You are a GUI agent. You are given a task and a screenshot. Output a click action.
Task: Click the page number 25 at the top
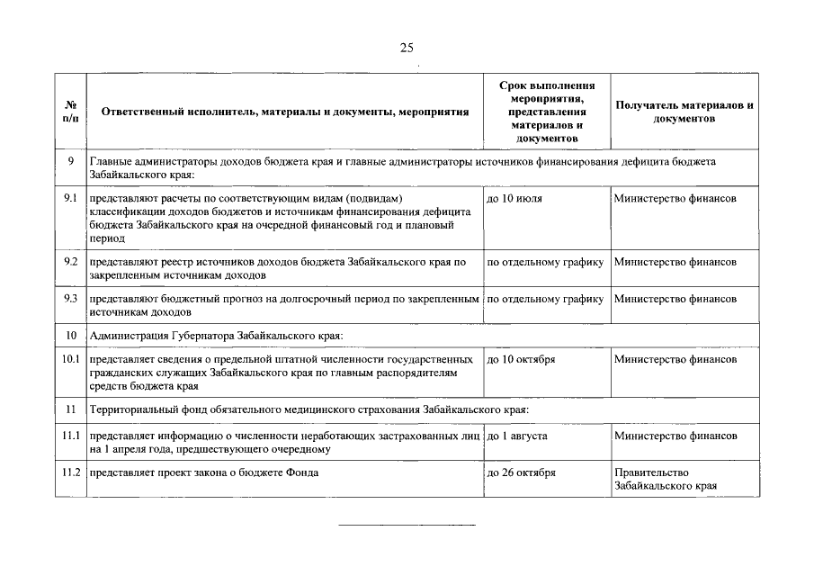[407, 49]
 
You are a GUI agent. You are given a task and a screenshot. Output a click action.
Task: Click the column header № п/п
[70, 112]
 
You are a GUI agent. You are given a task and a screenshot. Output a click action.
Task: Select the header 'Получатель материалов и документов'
[684, 112]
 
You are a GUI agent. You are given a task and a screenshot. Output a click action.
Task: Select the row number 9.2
[71, 262]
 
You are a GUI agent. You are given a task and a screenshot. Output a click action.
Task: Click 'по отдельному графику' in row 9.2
[545, 262]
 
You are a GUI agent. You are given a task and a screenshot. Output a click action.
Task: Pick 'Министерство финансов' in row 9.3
[675, 297]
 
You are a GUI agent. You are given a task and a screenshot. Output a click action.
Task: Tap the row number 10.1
[71, 359]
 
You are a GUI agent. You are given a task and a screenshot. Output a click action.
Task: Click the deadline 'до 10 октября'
[521, 359]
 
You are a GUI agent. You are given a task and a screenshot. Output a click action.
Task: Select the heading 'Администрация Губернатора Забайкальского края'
[217, 336]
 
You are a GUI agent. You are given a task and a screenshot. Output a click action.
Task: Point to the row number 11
[70, 409]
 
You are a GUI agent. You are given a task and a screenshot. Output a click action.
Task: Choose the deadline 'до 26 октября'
[521, 472]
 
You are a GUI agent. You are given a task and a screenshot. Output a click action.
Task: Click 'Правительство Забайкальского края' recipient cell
[666, 479]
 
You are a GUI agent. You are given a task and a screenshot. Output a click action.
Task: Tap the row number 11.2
[71, 472]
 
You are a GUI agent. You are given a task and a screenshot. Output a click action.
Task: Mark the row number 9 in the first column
[70, 160]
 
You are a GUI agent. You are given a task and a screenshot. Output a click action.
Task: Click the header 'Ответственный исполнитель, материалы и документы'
[285, 112]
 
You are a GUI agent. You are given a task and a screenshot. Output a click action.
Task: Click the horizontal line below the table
[407, 525]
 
